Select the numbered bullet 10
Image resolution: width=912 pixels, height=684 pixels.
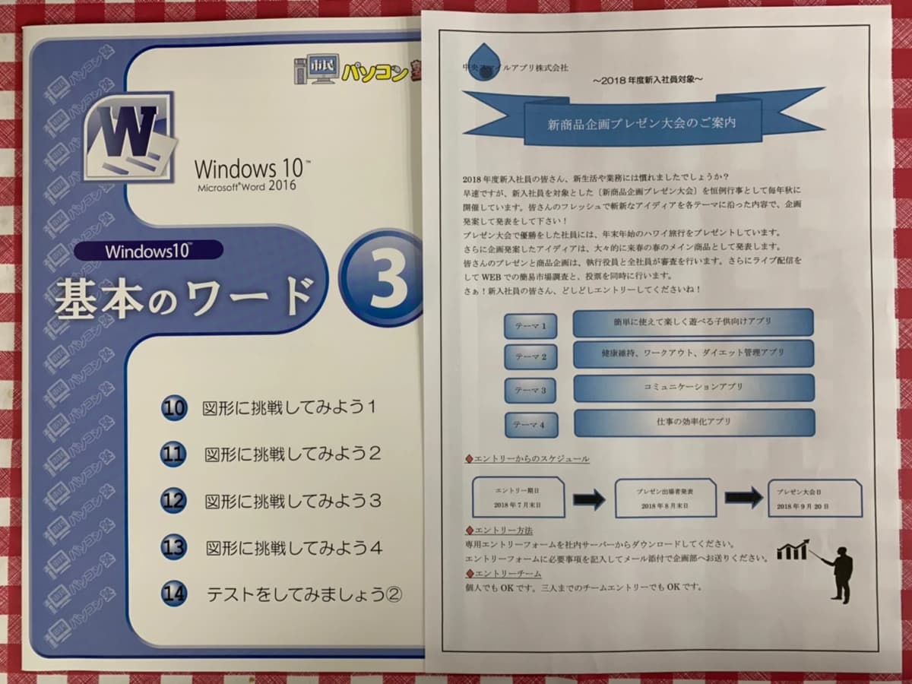pos(174,408)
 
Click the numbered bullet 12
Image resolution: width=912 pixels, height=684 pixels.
pos(174,501)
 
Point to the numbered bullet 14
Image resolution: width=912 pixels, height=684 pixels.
pos(174,594)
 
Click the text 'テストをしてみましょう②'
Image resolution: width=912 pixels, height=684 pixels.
pos(304,594)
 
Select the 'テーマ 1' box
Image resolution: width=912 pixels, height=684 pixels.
pos(530,325)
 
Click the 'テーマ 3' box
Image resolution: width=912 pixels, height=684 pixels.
pos(530,390)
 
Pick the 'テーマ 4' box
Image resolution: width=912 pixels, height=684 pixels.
pos(530,425)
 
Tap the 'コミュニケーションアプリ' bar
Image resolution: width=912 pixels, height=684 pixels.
pos(692,387)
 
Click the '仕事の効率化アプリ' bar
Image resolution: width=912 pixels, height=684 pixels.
pos(693,423)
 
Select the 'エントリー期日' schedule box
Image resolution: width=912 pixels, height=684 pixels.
pos(518,498)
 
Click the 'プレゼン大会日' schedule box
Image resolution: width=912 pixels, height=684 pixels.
pos(814,498)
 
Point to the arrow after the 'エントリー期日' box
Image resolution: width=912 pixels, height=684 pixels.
pos(589,499)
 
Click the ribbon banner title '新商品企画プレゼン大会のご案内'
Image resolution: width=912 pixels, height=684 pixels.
pos(642,122)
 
